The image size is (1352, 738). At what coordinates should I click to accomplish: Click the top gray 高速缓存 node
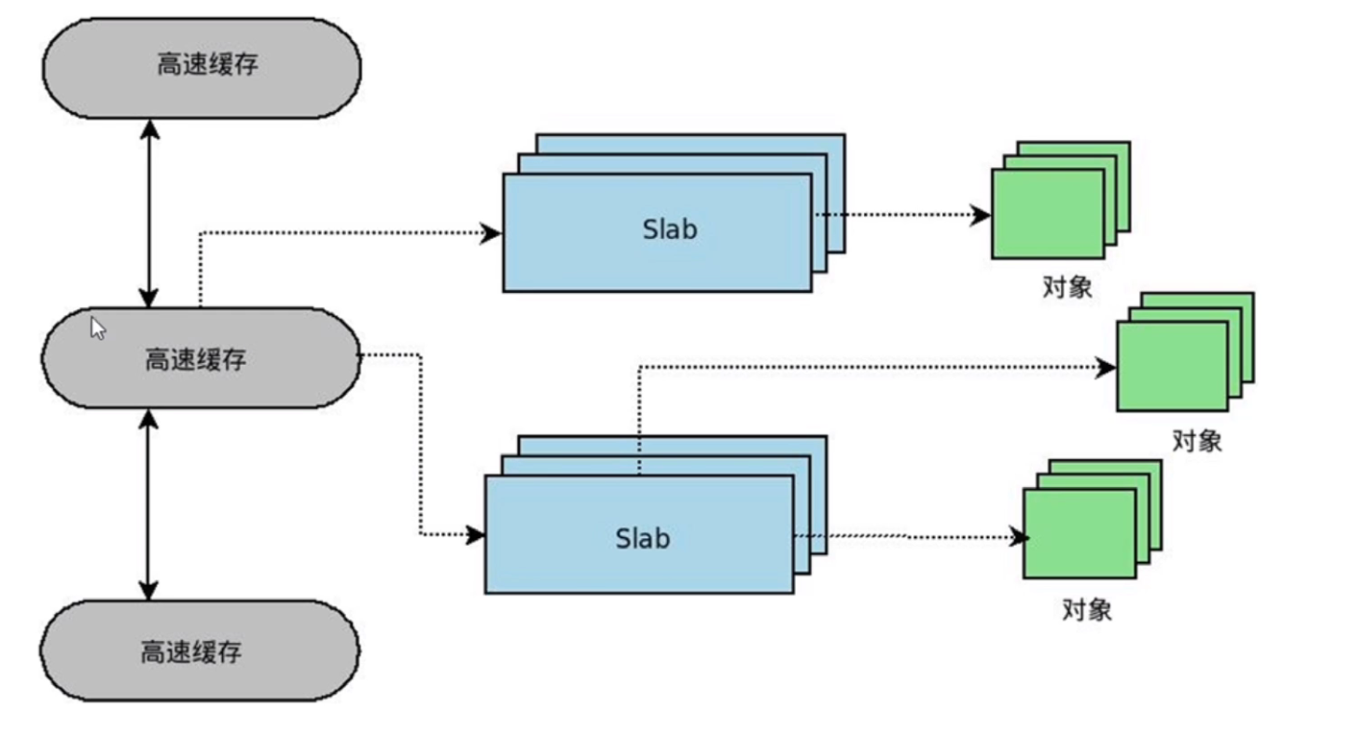202,67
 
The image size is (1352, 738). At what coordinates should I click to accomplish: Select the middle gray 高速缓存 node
200,359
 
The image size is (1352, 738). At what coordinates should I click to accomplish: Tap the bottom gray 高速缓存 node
200,651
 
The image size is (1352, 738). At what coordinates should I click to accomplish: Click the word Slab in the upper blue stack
669,230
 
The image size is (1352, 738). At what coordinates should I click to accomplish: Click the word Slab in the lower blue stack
642,538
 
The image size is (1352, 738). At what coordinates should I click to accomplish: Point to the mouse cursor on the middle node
97,327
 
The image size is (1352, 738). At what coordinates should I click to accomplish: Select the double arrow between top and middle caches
148,213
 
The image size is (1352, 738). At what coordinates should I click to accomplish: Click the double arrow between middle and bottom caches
148,504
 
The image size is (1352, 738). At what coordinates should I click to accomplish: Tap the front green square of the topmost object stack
1047,215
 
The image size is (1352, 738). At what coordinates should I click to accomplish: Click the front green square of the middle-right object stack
1172,367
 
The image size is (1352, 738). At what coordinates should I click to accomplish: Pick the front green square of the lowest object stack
1079,534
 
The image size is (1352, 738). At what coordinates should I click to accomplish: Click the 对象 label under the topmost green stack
1066,286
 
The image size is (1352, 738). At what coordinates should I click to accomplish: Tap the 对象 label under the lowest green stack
1087,610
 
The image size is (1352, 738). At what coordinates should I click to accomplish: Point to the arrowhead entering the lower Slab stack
475,535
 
